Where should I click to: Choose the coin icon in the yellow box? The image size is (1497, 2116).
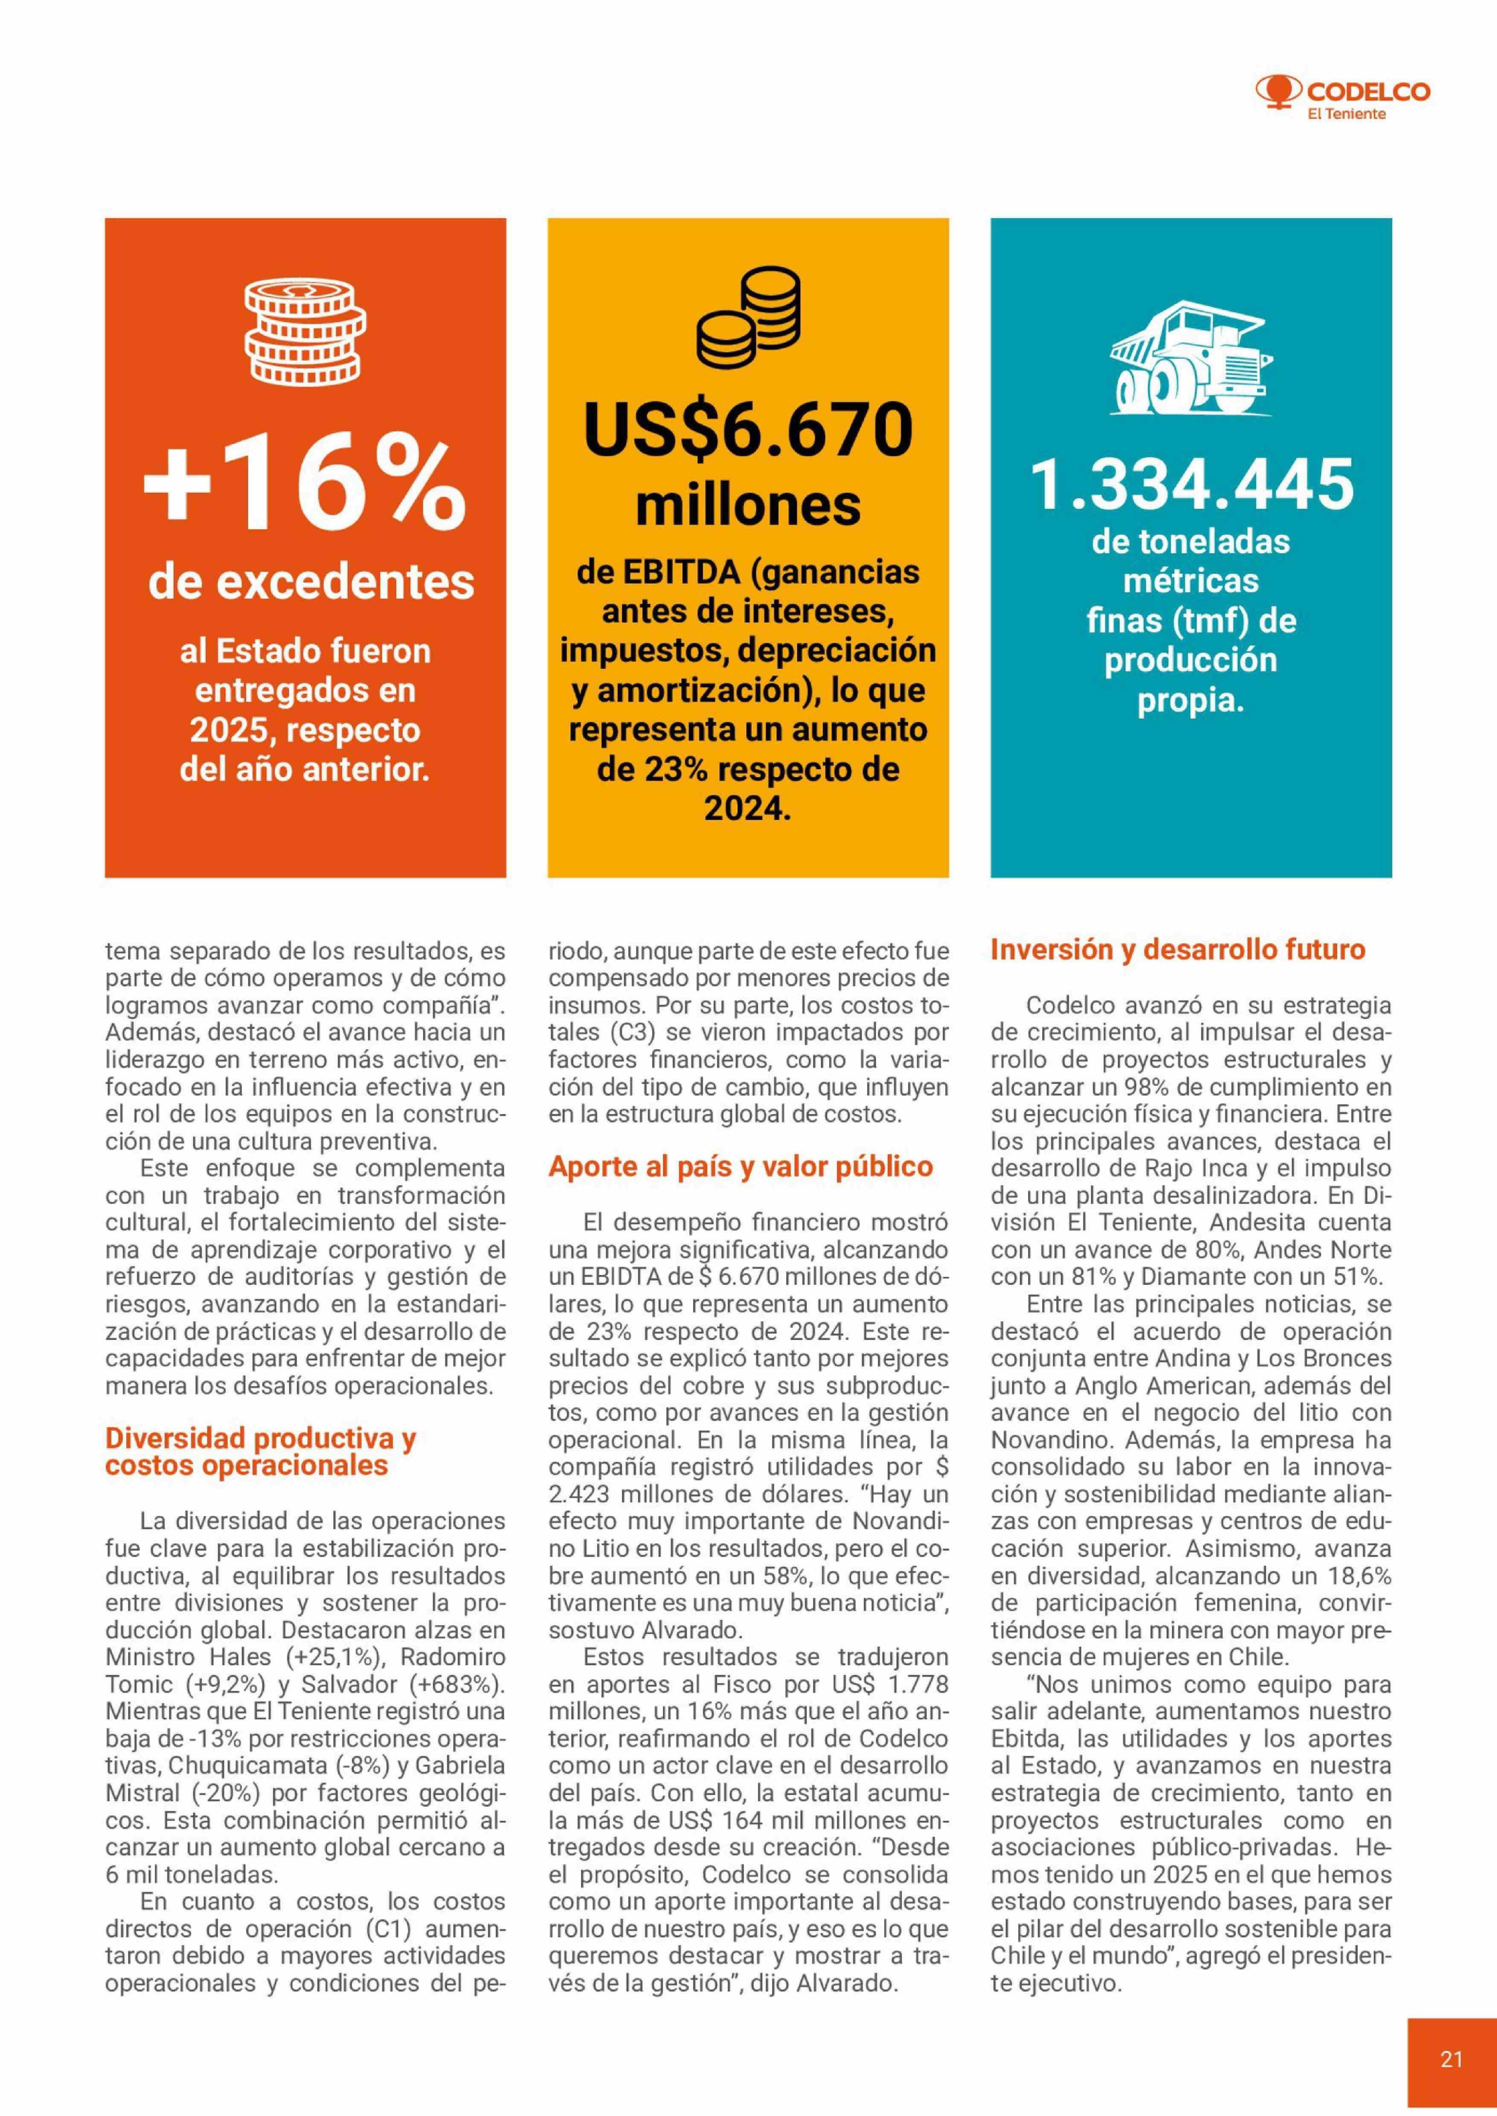[748, 318]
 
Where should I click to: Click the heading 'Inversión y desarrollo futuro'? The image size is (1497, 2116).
[1177, 950]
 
